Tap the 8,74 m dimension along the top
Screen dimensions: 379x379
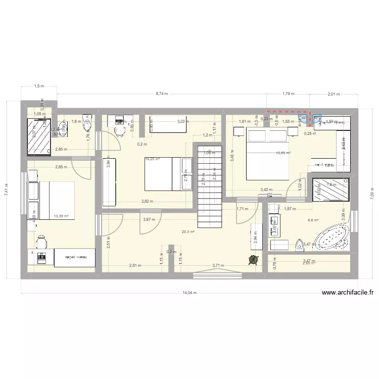[162, 93]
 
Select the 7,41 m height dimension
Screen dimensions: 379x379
[7, 189]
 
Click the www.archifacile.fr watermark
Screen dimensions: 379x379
[348, 293]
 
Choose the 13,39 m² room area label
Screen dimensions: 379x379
[61, 216]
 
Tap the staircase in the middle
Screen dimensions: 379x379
[209, 187]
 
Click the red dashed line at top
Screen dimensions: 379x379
[288, 111]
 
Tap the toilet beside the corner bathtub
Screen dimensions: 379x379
[299, 245]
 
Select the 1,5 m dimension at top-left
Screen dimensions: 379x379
[38, 86]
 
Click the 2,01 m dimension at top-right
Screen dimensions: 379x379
[334, 93]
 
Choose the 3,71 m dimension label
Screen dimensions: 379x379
[218, 265]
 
